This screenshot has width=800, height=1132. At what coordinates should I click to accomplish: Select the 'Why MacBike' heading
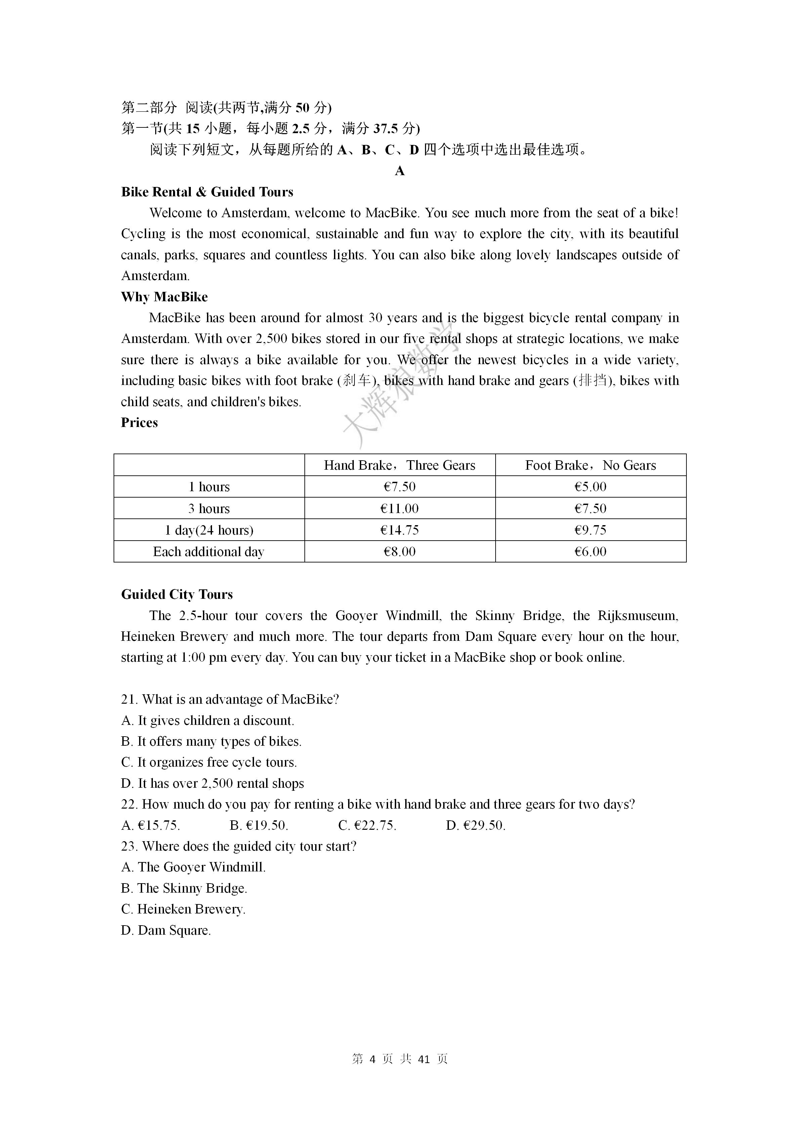tap(165, 297)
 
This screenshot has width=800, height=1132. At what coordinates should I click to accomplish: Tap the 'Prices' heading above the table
tap(139, 423)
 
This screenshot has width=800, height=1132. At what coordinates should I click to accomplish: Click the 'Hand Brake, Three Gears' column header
tap(399, 465)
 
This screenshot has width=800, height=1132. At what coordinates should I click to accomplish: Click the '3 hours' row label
tap(209, 508)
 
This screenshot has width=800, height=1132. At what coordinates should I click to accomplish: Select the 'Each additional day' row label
tap(209, 551)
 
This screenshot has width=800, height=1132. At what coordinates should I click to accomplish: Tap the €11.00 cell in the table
tap(399, 508)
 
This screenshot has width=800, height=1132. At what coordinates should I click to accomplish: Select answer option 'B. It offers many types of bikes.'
tap(211, 742)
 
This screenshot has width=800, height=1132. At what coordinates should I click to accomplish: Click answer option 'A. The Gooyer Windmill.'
tap(194, 867)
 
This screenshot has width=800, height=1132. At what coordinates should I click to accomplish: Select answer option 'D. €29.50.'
tap(475, 825)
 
